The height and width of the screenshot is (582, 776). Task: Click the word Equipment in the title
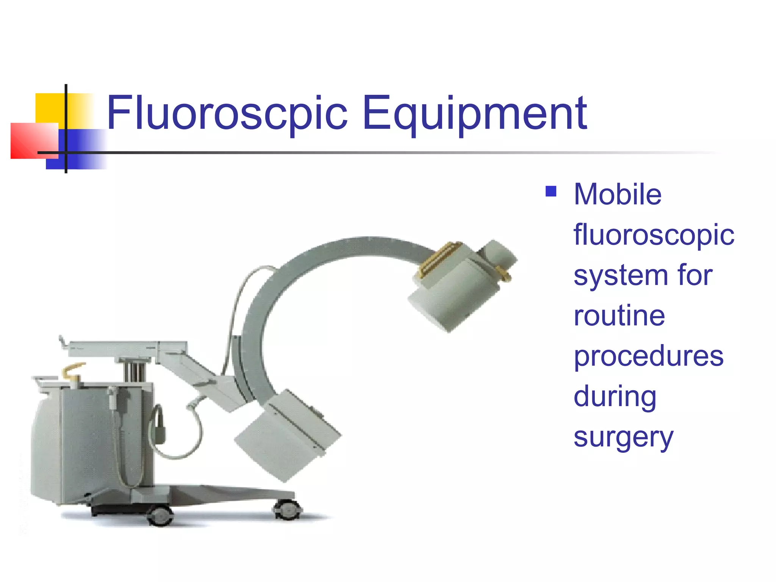474,114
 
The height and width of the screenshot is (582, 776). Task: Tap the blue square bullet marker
551,191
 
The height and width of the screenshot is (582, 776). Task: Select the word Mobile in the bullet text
618,194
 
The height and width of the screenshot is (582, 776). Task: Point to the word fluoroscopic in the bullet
654,235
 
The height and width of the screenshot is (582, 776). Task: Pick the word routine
619,316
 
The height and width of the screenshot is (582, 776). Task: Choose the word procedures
648,357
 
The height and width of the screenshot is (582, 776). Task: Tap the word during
615,397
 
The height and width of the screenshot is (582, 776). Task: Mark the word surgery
623,438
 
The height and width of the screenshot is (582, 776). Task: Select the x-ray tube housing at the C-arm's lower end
288,436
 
